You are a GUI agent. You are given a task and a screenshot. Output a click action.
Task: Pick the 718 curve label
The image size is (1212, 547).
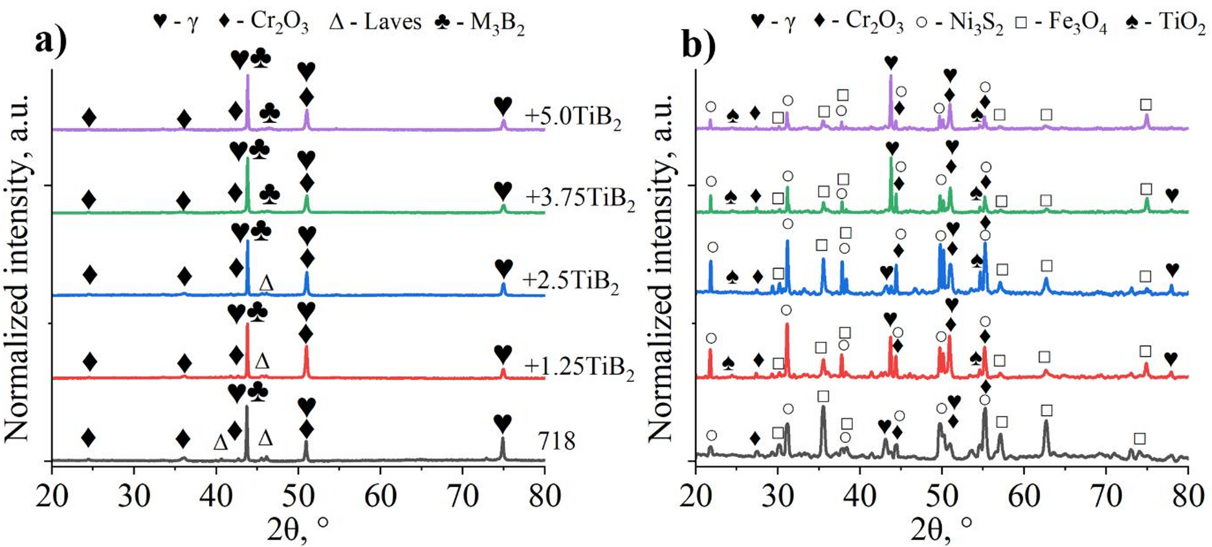[x=556, y=441]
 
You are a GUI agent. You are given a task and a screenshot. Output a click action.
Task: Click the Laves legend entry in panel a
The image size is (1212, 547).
[x=375, y=22]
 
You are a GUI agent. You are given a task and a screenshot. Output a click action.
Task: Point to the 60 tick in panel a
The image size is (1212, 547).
[x=380, y=497]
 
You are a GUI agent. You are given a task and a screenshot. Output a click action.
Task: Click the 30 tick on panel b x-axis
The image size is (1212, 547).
[x=778, y=497]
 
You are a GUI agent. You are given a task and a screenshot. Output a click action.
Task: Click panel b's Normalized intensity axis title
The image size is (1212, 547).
[x=661, y=265]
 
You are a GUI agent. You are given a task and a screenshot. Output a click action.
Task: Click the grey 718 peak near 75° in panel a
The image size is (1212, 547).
[x=503, y=440]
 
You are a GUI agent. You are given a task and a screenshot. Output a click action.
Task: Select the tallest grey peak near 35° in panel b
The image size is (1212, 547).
[x=822, y=408]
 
